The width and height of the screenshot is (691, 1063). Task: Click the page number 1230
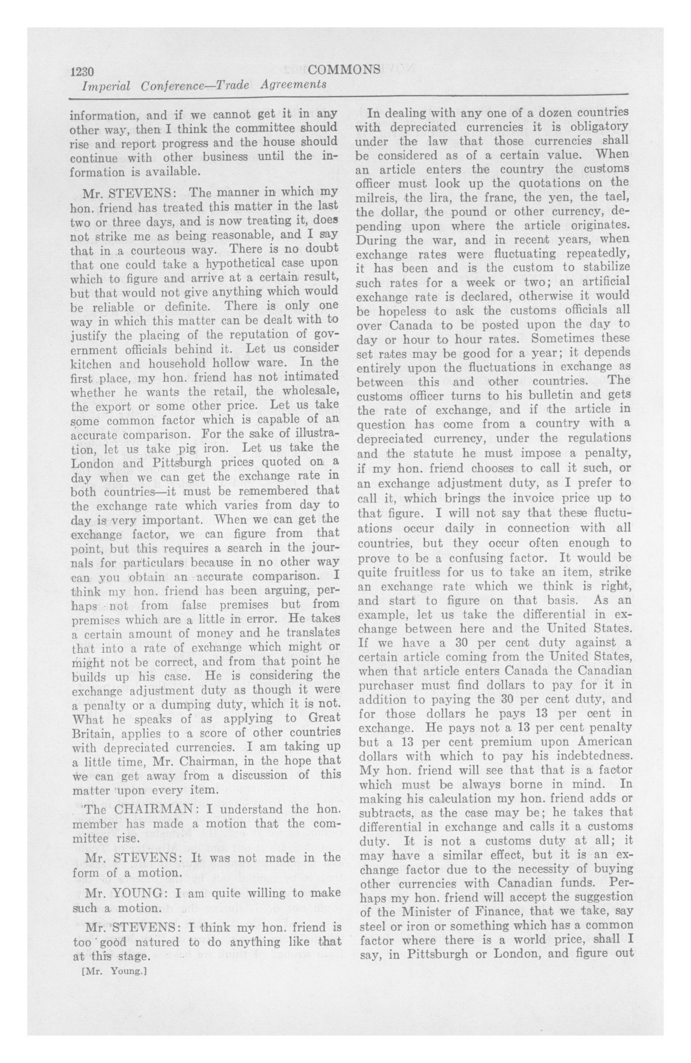81,71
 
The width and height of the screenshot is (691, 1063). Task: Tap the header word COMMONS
344,70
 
